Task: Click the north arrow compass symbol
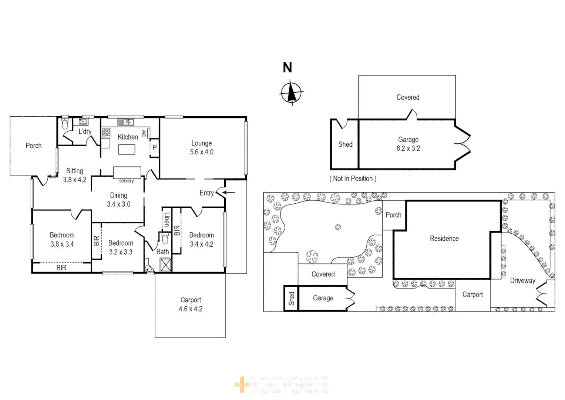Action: point(291,93)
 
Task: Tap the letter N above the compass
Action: point(287,67)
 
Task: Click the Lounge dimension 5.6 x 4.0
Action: point(202,152)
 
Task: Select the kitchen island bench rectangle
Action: point(127,149)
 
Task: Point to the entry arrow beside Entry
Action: point(229,192)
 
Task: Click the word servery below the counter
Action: point(126,181)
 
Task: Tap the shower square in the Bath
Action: point(165,265)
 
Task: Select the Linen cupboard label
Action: point(167,220)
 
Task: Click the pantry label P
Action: point(155,147)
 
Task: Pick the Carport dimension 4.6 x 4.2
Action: point(191,309)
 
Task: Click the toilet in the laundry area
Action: point(65,124)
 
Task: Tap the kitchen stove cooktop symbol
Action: point(107,133)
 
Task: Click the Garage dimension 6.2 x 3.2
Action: point(408,149)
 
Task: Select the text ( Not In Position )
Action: point(353,179)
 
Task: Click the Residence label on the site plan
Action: point(444,239)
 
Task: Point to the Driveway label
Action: point(522,281)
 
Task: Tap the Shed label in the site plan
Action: point(292,298)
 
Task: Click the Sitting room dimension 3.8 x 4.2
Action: point(74,180)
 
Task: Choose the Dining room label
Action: point(118,195)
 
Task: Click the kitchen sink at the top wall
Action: point(126,122)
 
